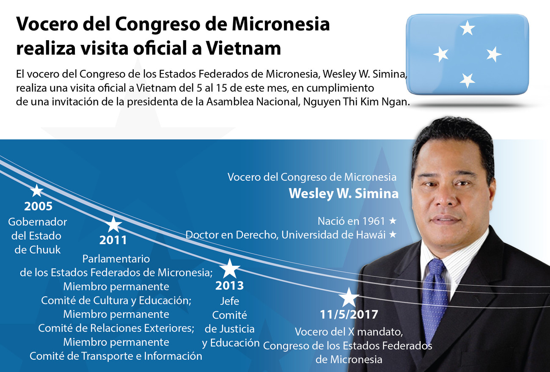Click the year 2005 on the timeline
coord(38,207)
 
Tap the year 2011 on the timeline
coord(113,240)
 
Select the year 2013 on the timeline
coord(229,286)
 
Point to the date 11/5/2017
coord(349,315)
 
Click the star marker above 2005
coord(37,190)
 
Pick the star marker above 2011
coord(113,224)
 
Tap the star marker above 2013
coord(230,269)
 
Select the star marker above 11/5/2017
coord(349,298)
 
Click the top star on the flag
coord(467,28)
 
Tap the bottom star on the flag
coord(467,80)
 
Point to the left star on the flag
coord(441,54)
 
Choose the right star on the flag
coord(493,54)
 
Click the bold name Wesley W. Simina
coord(344,193)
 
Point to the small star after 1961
coord(393,220)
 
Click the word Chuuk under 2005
coord(45,250)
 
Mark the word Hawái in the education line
coord(370,234)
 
